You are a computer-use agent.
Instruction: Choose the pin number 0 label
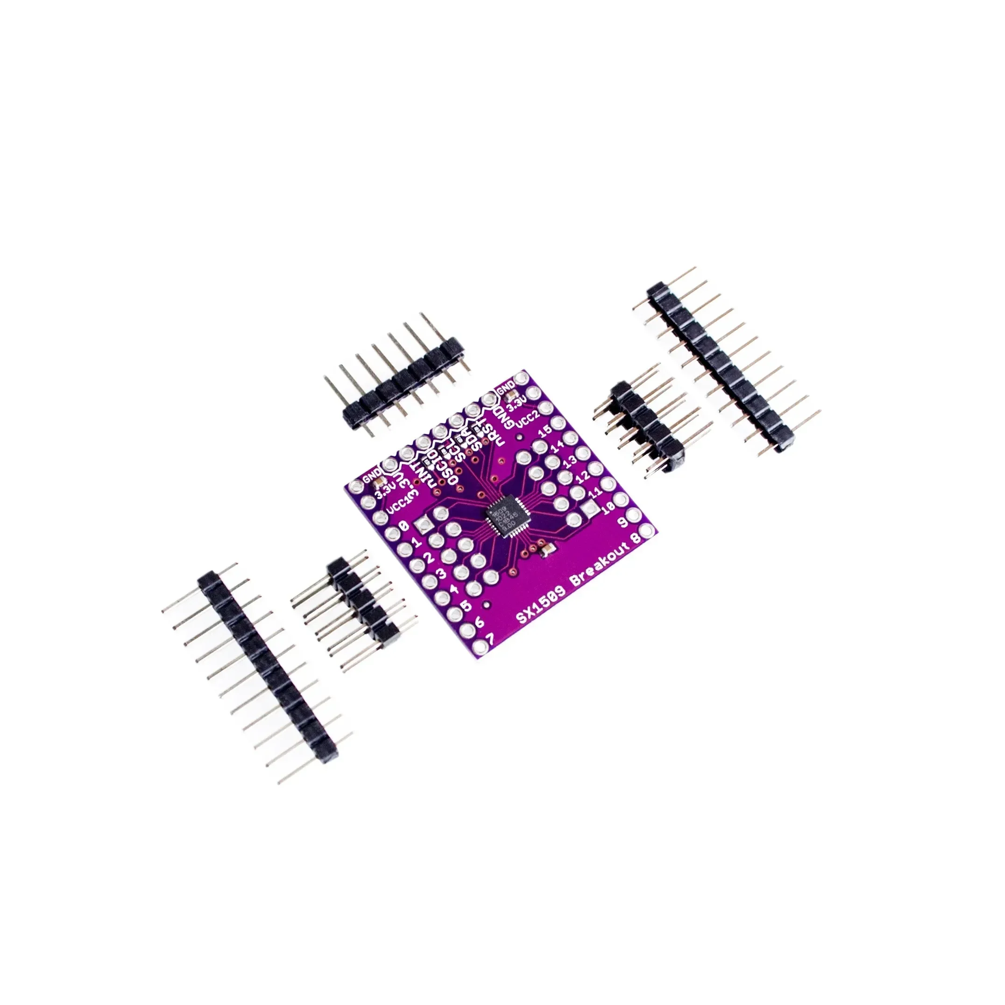click(x=403, y=527)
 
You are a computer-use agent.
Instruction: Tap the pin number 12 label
click(x=584, y=475)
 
